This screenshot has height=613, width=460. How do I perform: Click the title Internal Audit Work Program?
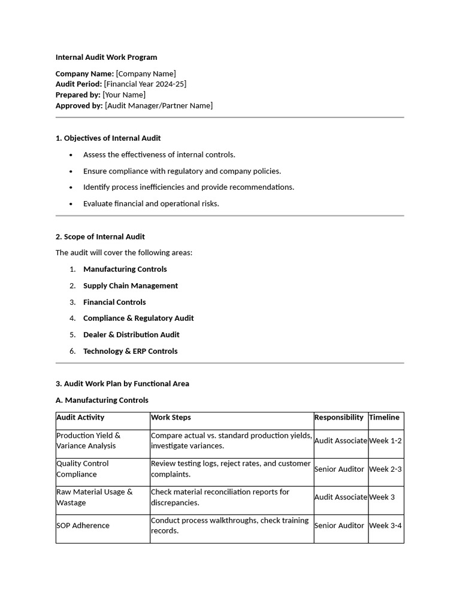(106, 57)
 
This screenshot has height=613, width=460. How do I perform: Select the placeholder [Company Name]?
(146, 74)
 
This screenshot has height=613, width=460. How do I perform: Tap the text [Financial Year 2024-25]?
(145, 84)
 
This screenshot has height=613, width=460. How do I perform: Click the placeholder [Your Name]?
(124, 95)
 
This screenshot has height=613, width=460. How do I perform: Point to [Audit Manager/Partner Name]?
(159, 105)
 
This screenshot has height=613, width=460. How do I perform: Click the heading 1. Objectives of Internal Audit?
(108, 138)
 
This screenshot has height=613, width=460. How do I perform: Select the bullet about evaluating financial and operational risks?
(151, 204)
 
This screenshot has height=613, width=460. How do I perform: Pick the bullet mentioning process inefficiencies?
(189, 187)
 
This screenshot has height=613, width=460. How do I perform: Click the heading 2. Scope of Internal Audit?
(100, 236)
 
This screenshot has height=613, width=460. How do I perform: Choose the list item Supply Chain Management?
(131, 286)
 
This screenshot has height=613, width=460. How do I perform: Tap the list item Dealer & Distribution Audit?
(131, 335)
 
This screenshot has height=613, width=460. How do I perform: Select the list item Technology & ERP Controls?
(131, 351)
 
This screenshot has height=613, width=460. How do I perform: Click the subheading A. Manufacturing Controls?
(102, 400)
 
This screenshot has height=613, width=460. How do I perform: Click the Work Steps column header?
(171, 417)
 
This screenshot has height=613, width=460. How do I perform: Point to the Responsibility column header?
(338, 417)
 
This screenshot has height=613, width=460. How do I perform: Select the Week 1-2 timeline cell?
(385, 441)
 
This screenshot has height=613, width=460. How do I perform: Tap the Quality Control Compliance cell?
(82, 469)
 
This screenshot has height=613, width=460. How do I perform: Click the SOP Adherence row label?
(83, 526)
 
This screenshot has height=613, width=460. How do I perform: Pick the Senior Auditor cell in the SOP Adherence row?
(339, 526)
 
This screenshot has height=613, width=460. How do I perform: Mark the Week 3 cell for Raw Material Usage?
(382, 497)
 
